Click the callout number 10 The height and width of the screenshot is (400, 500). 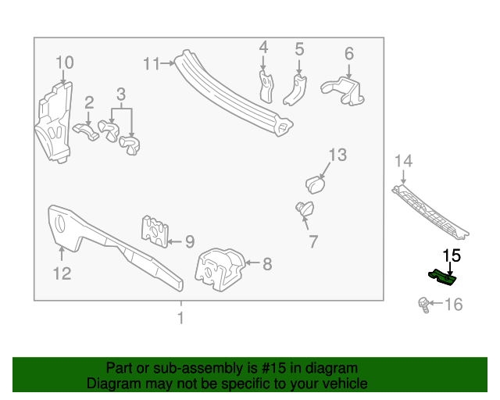coord(64,62)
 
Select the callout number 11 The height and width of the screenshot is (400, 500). coord(151,64)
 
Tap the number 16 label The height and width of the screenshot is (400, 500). coord(454,305)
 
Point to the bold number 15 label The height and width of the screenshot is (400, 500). coord(452,255)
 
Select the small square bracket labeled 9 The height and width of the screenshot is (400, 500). coord(155,230)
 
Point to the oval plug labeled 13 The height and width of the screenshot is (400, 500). coord(315,184)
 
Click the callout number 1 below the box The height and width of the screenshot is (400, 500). coord(180,318)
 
